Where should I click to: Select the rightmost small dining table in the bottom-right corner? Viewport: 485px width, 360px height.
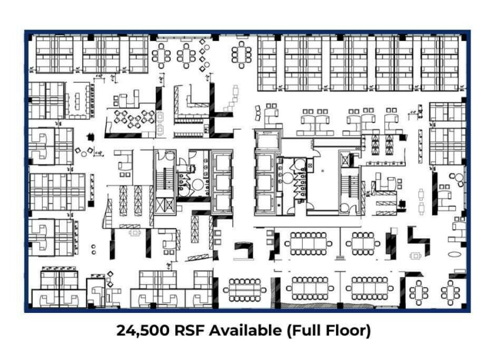(450, 291)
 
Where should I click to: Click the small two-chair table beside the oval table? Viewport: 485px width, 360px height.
(415, 256)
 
